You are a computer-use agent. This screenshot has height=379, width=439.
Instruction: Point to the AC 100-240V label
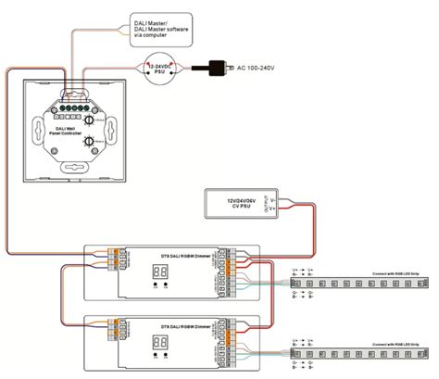pos(261,69)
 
